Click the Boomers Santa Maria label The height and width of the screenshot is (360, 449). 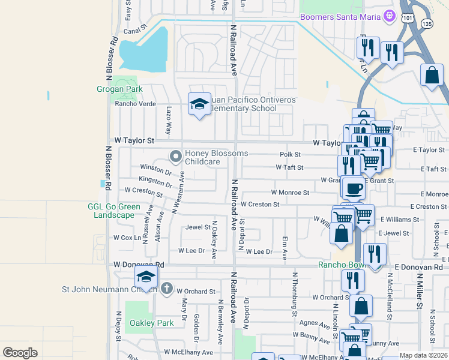[x=341, y=17]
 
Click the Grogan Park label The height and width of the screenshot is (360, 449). [x=119, y=89]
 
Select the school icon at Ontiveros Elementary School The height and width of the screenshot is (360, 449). [x=199, y=104]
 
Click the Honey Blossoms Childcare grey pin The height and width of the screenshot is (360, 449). [x=176, y=157]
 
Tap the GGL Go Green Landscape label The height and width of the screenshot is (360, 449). [x=114, y=211]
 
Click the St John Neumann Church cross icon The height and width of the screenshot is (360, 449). [x=167, y=289]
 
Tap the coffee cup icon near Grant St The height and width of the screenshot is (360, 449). [x=354, y=187]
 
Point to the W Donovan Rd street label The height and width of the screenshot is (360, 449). [x=139, y=264]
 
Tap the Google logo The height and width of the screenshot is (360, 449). [x=20, y=353]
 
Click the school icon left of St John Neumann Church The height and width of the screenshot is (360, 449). [x=145, y=277]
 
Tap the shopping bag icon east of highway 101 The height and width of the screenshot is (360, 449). [x=432, y=76]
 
